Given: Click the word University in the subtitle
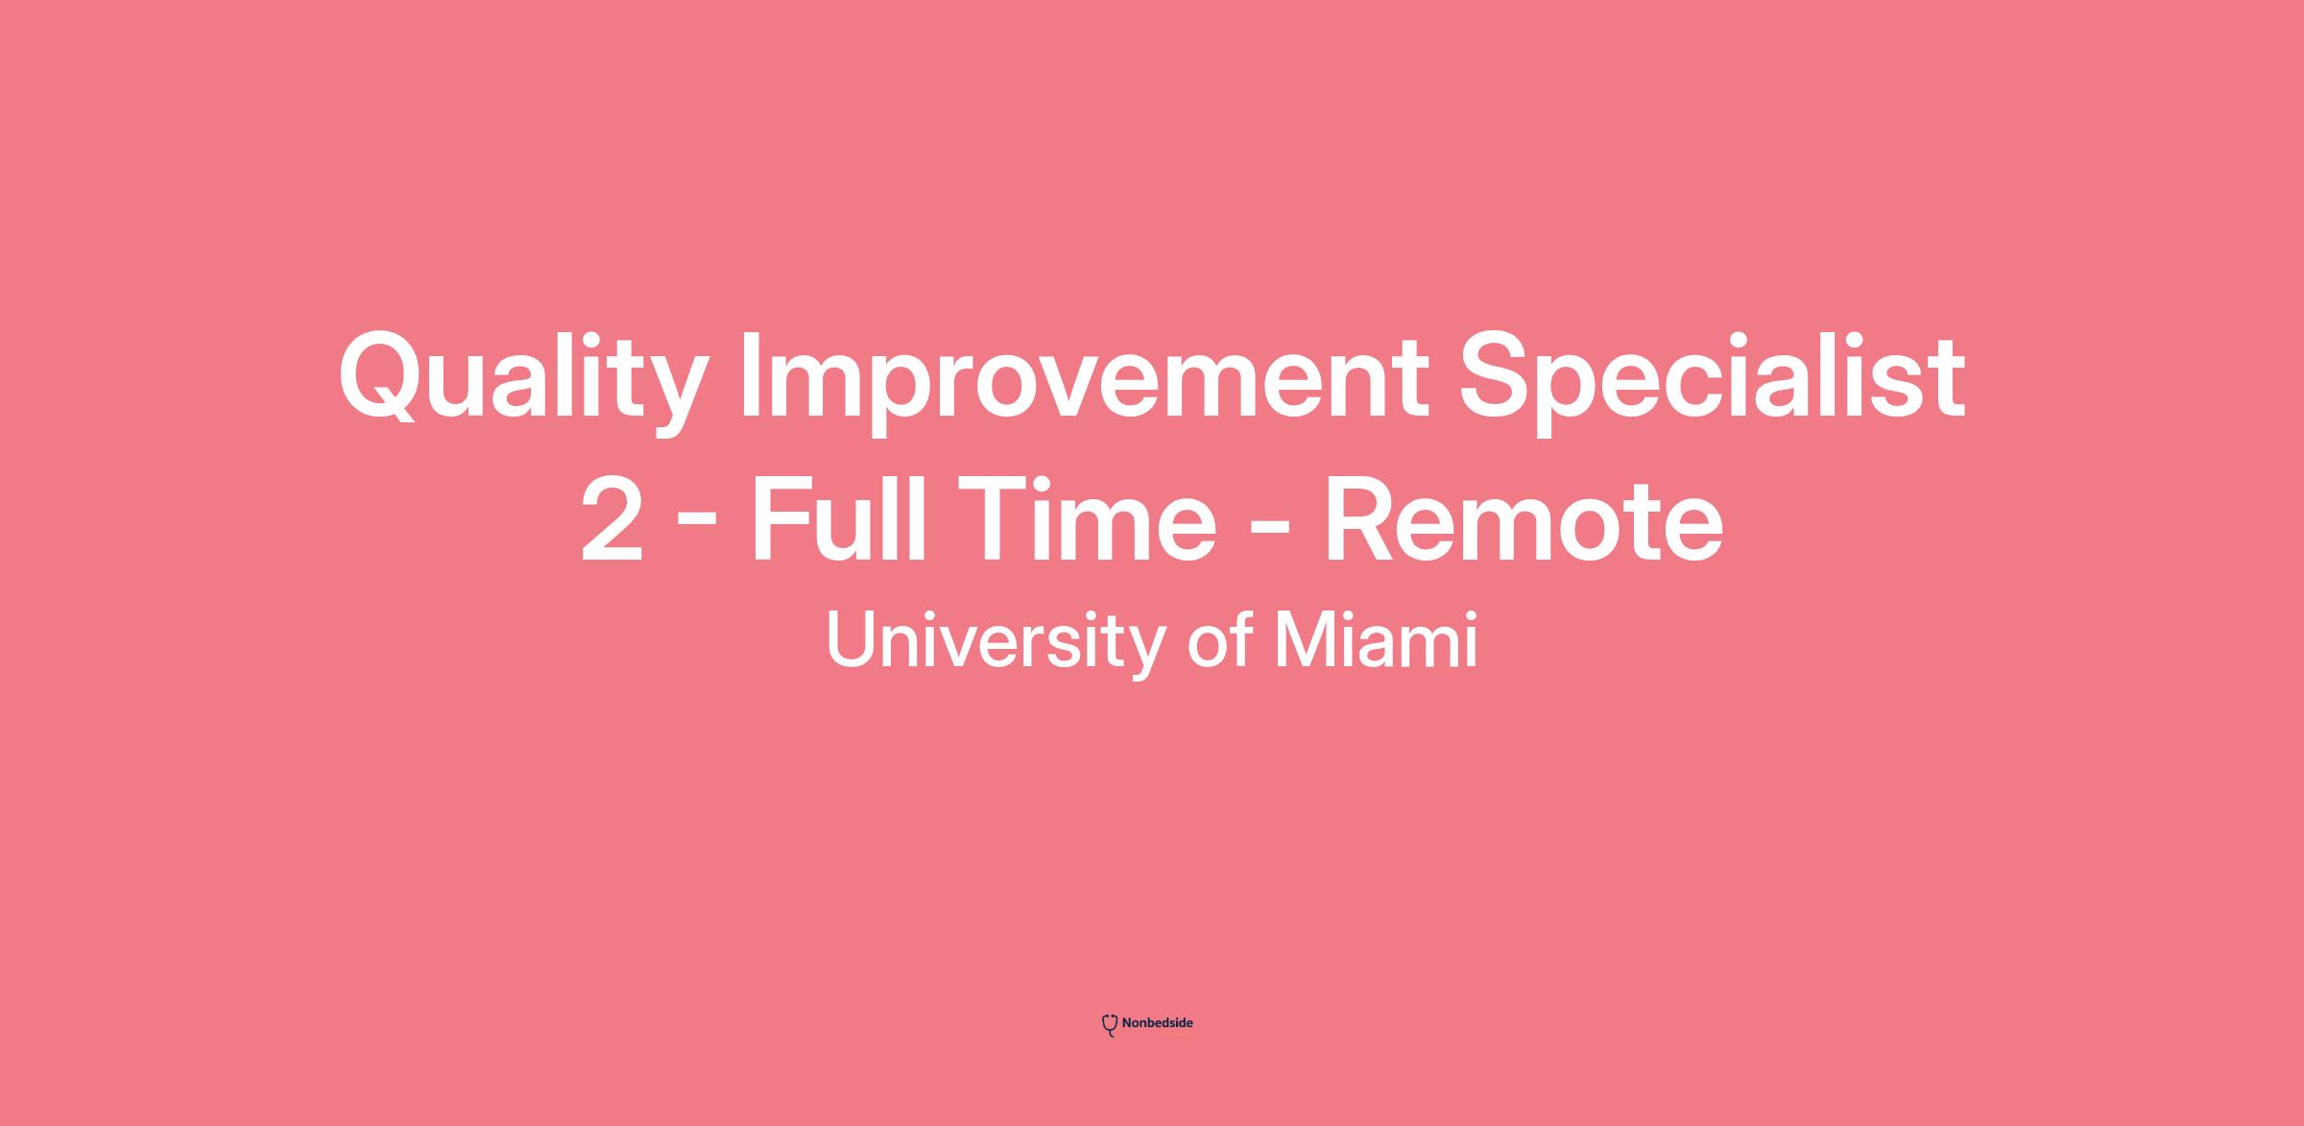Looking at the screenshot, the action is (x=996, y=641).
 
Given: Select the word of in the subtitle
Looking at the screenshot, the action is (x=1220, y=639).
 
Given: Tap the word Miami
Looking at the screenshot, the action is (x=1376, y=639).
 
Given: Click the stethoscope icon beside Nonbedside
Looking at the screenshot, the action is (x=1110, y=1025).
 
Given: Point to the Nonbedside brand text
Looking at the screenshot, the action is (x=1158, y=1023).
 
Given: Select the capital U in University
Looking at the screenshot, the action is (x=851, y=639).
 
